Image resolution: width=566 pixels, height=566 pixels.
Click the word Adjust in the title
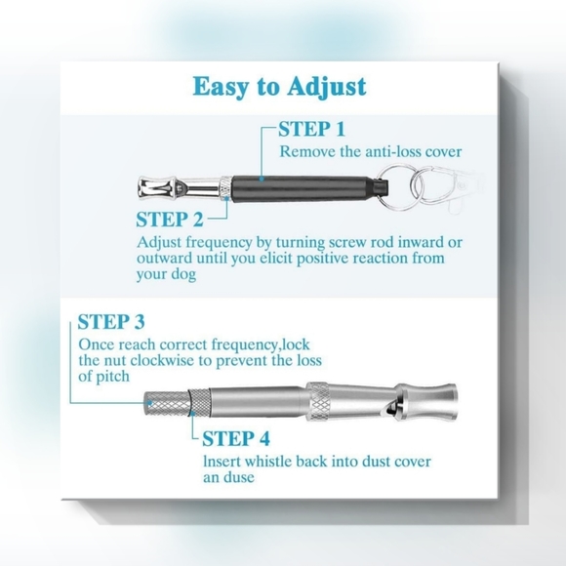(327, 88)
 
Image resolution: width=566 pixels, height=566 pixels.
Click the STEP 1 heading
(312, 129)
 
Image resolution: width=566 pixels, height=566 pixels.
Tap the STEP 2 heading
(170, 220)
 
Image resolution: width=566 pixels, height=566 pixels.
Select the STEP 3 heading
(111, 322)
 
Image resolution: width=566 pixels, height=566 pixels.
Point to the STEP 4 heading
(236, 438)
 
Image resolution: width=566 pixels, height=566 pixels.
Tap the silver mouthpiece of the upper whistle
(180, 188)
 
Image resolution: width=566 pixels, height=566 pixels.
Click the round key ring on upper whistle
(398, 187)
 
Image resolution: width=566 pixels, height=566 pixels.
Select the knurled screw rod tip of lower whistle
(167, 404)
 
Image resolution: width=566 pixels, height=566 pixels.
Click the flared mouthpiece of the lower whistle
(428, 402)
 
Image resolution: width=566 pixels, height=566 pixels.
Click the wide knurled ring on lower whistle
(318, 401)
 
